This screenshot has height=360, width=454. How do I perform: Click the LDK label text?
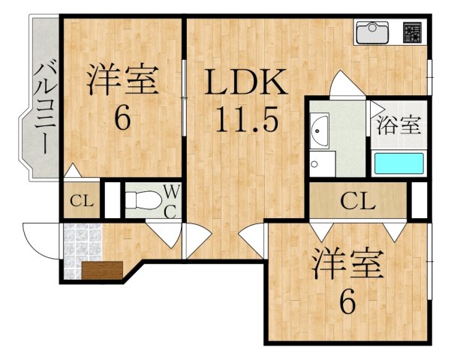(246, 81)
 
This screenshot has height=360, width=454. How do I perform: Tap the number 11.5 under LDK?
(247, 119)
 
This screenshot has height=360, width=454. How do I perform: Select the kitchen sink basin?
(372, 33)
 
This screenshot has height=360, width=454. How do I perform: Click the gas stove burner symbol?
(412, 32)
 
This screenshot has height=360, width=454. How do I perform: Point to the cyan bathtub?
(399, 163)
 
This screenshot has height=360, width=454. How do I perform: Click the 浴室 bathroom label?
(399, 124)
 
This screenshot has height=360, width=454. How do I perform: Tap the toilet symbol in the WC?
(143, 199)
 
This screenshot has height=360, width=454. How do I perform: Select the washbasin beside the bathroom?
(319, 130)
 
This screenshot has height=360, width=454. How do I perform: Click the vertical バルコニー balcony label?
(46, 106)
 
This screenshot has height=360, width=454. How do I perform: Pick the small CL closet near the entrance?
(82, 201)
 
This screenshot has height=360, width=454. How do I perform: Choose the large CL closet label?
(358, 201)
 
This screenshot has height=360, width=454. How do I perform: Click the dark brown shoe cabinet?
(102, 270)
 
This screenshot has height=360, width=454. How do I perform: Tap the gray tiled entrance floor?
(82, 250)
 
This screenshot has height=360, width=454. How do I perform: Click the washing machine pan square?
(323, 163)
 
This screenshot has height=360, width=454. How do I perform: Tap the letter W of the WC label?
(173, 191)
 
